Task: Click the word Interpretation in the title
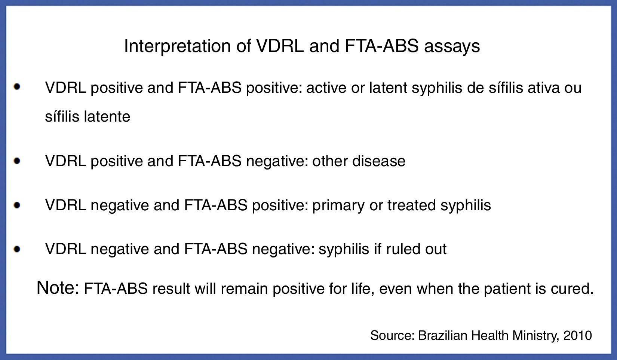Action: [x=177, y=46]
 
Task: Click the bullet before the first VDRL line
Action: [x=17, y=87]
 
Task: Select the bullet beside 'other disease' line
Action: [x=17, y=161]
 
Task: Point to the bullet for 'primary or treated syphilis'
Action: [x=17, y=205]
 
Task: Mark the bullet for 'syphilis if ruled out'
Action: [x=17, y=249]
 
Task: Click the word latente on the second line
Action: [x=107, y=116]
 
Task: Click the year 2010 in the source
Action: [x=578, y=335]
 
